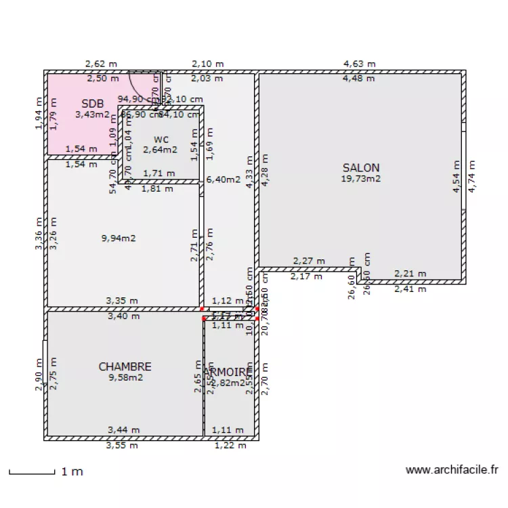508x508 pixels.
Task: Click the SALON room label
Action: coord(360,168)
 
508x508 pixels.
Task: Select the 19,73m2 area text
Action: coord(361,179)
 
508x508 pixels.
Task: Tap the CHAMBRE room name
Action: coord(125,366)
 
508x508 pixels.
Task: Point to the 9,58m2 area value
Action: coord(125,377)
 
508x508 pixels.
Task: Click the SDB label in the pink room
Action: coord(93,104)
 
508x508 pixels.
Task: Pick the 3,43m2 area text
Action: coord(92,114)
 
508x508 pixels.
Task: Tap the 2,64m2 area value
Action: coord(160,150)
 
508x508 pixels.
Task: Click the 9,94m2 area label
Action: coord(119,238)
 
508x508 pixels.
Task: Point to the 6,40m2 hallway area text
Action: coord(224,179)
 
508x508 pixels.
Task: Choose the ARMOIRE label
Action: coord(230,372)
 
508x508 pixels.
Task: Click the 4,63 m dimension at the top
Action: coord(359,64)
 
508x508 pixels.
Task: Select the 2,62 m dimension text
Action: coord(101,64)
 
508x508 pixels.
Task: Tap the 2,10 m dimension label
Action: coord(207,64)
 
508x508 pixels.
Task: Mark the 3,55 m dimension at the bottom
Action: coord(123,445)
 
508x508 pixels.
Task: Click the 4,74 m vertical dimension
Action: coord(471,177)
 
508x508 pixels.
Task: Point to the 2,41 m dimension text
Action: coord(410,289)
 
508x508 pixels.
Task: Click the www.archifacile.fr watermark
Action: coord(452,469)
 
